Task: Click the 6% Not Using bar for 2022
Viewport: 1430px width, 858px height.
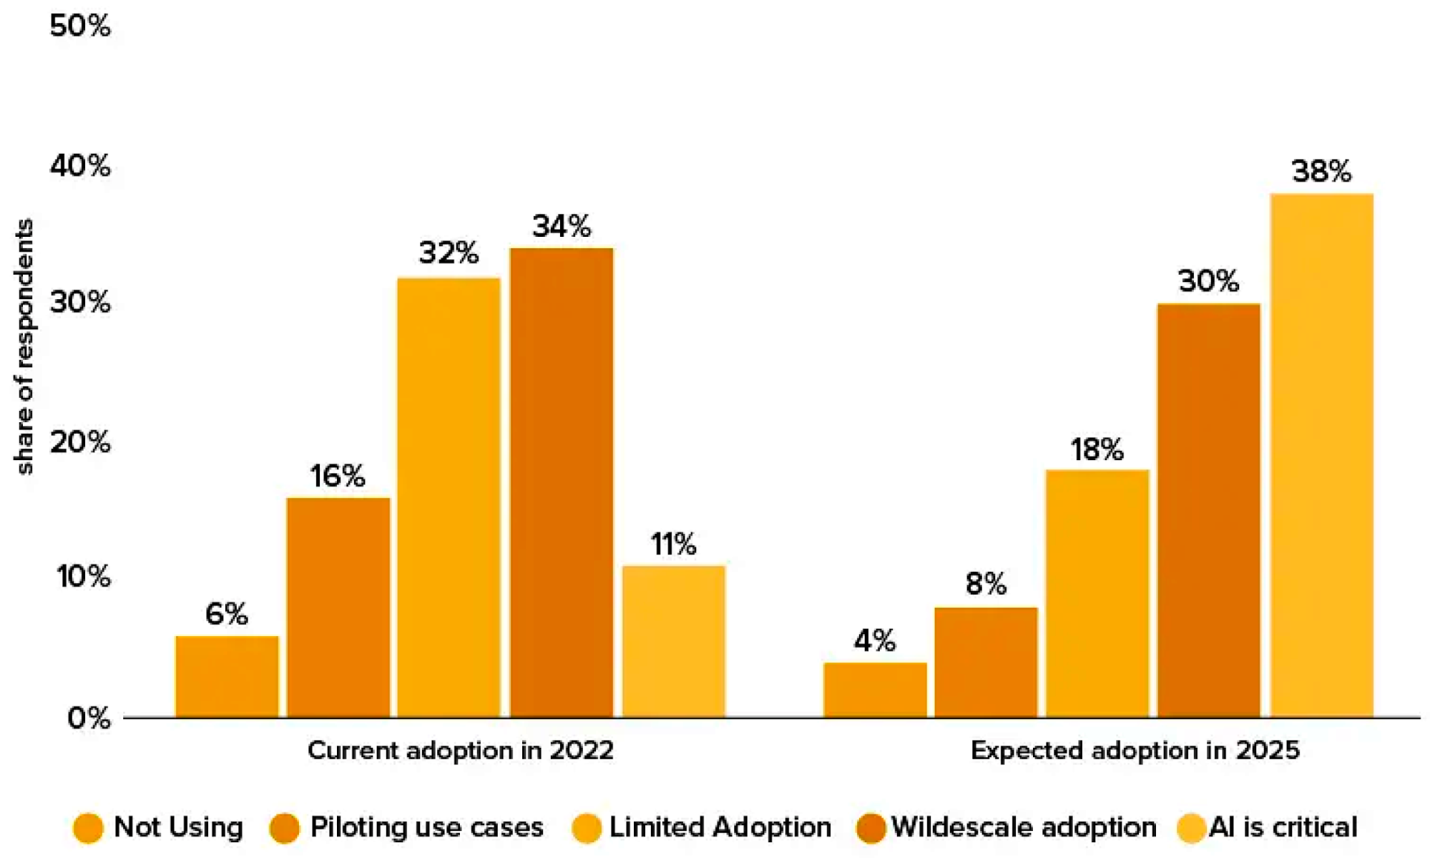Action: click(x=227, y=676)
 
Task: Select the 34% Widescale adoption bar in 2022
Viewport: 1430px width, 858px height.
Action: click(x=562, y=482)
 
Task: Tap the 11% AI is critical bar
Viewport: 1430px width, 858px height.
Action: click(x=673, y=641)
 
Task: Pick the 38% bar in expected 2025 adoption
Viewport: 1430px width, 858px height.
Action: click(x=1321, y=455)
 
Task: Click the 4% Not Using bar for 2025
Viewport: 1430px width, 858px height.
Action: click(x=875, y=690)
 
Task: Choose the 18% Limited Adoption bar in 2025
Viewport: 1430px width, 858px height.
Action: click(x=1097, y=593)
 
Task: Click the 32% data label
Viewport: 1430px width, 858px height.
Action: click(x=449, y=253)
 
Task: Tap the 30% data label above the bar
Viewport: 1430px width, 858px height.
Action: click(x=1208, y=281)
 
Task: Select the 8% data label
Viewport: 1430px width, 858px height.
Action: click(x=986, y=584)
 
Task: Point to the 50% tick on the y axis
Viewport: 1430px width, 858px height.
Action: click(x=80, y=26)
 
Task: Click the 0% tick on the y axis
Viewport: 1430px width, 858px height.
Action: click(x=89, y=718)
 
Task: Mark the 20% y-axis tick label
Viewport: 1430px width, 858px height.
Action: click(x=80, y=442)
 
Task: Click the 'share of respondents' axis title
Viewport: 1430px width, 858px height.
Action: click(x=24, y=347)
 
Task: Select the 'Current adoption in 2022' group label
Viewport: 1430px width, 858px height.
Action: click(x=461, y=751)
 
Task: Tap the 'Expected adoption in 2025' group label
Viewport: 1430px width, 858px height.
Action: click(x=1135, y=751)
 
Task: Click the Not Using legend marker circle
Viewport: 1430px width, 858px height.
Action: click(x=88, y=829)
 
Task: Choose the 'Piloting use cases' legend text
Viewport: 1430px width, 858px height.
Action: click(x=426, y=827)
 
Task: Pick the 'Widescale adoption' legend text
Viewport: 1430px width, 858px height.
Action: click(x=1024, y=827)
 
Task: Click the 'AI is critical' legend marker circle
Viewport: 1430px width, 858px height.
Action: click(x=1191, y=829)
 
